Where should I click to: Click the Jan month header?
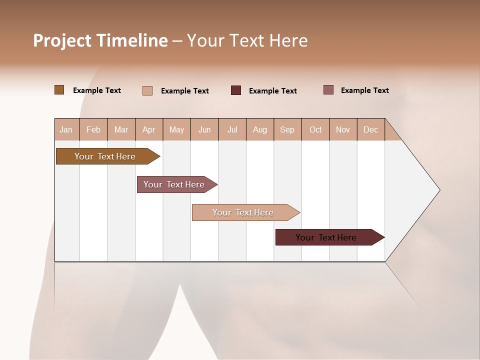click(x=66, y=129)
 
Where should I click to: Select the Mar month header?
click(x=121, y=129)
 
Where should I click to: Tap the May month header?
click(x=176, y=129)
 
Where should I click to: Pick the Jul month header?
click(x=232, y=129)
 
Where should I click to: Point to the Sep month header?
click(x=287, y=129)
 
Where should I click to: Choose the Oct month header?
click(x=315, y=129)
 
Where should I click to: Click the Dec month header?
click(x=370, y=129)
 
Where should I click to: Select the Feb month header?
click(x=93, y=129)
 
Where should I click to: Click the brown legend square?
click(x=59, y=90)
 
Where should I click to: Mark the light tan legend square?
click(x=147, y=90)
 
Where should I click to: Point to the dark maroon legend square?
click(x=236, y=90)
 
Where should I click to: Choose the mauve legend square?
click(x=328, y=90)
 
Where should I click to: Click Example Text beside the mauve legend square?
click(x=364, y=90)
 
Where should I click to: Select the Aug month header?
click(x=259, y=129)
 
